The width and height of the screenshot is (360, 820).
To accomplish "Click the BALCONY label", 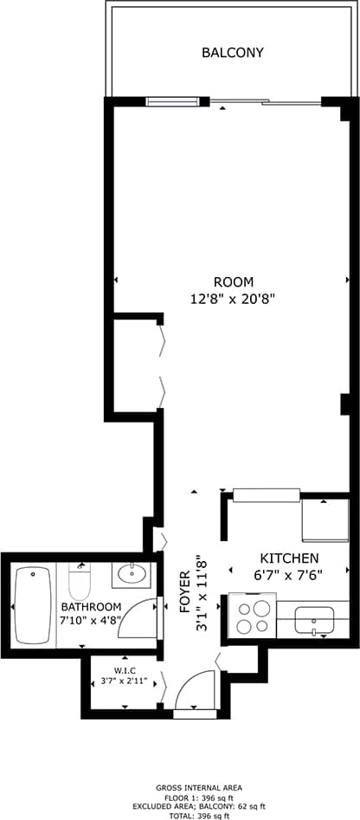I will tap(232, 53).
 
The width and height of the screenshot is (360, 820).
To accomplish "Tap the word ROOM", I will tap(233, 281).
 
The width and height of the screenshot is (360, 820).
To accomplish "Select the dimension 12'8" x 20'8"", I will tap(233, 299).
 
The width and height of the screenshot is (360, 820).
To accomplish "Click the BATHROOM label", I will tap(90, 606).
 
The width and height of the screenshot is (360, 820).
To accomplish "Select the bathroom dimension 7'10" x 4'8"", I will tap(90, 620).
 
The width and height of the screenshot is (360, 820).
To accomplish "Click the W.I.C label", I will tap(126, 670).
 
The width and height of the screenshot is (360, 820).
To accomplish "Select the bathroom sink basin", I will tap(132, 573).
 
